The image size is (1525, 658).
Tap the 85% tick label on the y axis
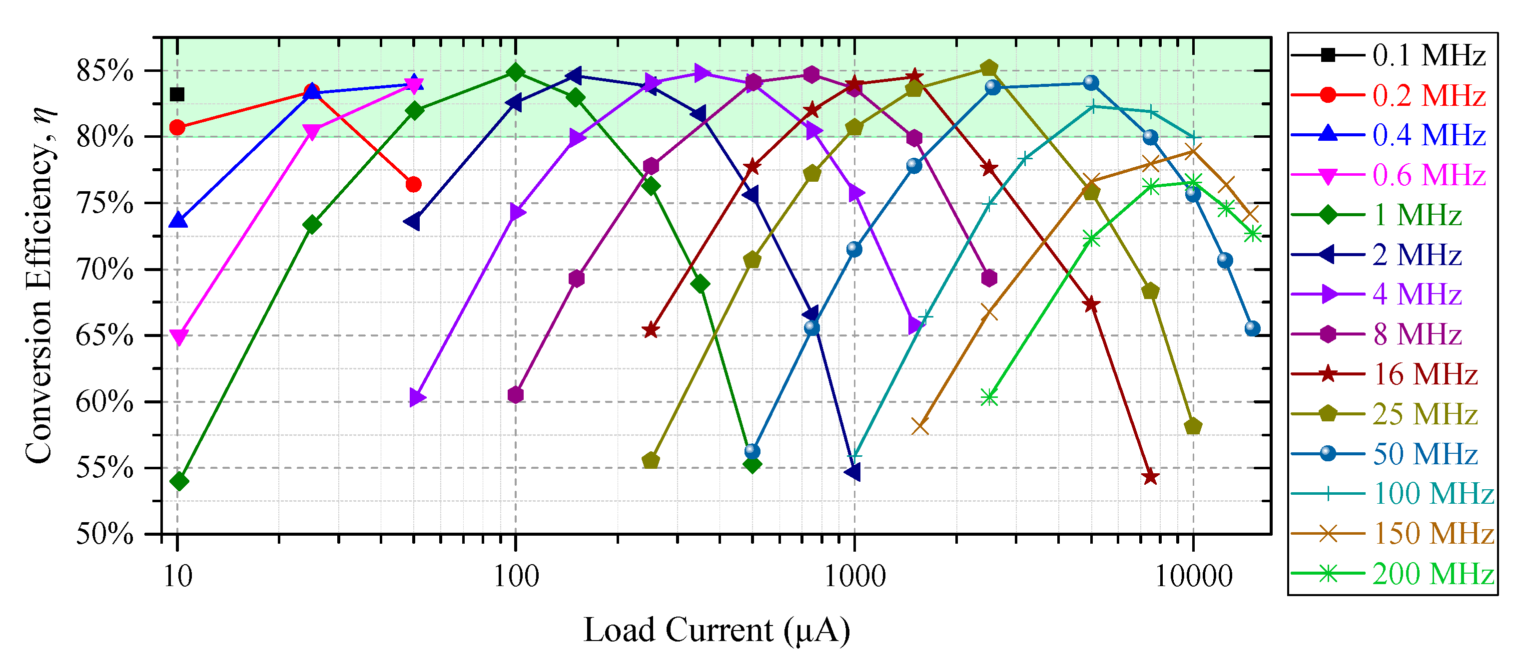tap(105, 71)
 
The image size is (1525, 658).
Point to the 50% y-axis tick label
tap(105, 534)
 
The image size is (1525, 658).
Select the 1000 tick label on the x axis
tap(854, 576)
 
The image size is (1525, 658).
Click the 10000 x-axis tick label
tap(1193, 576)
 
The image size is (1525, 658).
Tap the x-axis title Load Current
tap(717, 630)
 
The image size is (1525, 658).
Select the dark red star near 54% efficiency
tap(1150, 477)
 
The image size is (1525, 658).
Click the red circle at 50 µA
tap(414, 185)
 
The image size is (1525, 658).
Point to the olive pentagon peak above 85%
tap(989, 68)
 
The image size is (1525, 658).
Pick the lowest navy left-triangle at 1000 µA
tap(853, 472)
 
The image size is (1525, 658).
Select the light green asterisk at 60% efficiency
tap(989, 397)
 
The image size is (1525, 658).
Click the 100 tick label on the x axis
tap(516, 576)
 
